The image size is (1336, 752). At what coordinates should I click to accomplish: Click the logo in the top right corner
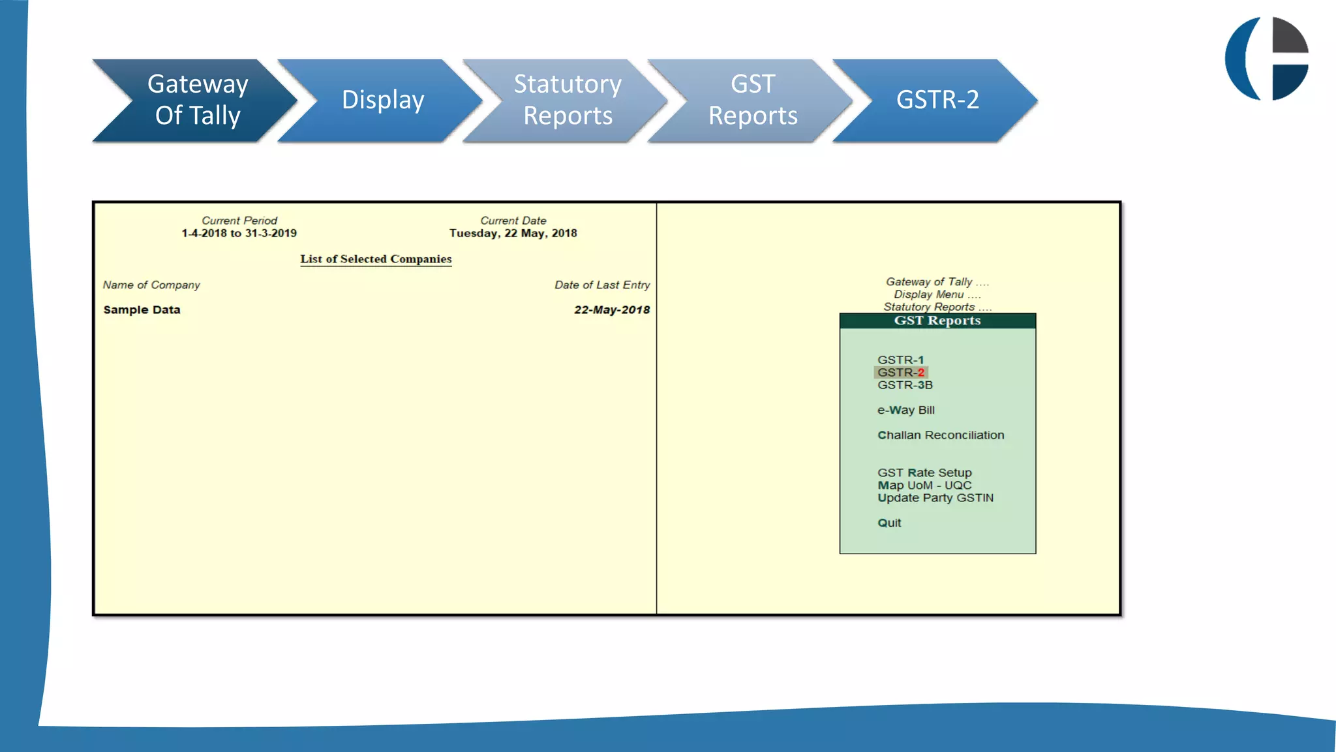[1267, 59]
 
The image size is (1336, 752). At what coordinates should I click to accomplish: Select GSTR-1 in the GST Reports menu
[900, 360]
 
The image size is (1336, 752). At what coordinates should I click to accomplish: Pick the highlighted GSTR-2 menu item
[901, 373]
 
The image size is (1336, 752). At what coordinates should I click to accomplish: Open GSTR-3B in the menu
[905, 385]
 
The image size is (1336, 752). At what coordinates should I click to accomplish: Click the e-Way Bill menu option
[905, 410]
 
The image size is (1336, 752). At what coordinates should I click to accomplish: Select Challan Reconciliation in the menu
[940, 435]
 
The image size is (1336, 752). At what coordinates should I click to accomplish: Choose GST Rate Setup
[924, 473]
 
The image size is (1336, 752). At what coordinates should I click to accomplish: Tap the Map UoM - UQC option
[924, 485]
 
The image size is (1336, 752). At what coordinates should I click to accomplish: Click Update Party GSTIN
[935, 498]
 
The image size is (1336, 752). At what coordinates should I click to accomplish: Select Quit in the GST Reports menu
[889, 523]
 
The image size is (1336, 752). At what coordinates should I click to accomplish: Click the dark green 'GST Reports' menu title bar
[937, 321]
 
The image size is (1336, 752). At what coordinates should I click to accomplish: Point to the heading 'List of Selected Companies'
[376, 259]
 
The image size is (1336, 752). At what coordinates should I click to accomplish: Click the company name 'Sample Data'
[142, 310]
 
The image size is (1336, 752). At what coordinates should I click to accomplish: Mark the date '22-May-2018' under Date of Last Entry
[611, 310]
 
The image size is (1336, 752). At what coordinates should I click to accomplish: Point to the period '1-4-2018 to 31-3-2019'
[239, 233]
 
